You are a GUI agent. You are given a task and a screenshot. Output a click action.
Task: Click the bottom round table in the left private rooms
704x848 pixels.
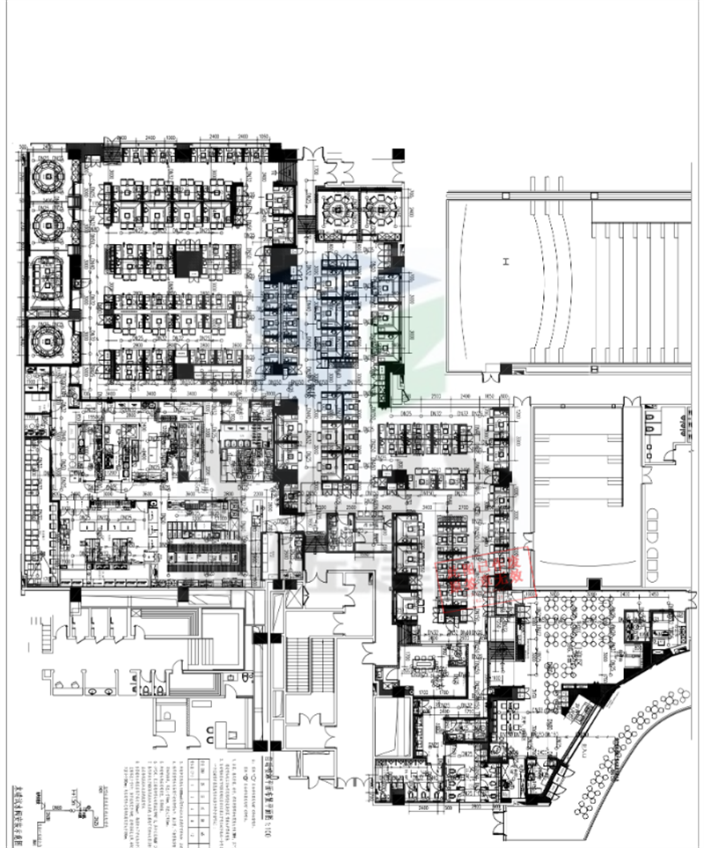point(45,338)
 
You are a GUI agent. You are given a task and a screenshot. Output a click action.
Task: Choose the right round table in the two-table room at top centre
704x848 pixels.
point(380,210)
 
